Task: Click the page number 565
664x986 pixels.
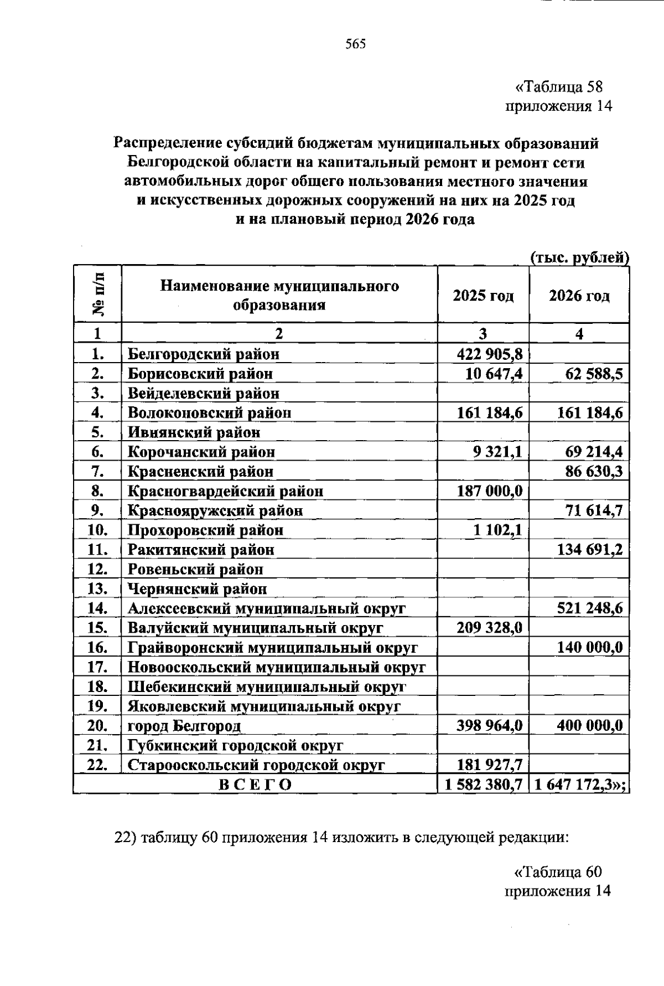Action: click(x=356, y=44)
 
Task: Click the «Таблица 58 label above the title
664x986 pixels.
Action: click(x=558, y=87)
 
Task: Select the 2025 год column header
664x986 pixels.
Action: click(x=483, y=296)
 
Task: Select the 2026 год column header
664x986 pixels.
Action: click(x=579, y=296)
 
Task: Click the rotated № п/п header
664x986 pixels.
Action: click(x=97, y=295)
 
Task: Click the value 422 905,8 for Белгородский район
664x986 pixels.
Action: click(x=489, y=354)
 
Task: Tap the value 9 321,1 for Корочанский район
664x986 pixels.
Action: click(x=497, y=452)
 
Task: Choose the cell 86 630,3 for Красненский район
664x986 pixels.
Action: click(x=593, y=472)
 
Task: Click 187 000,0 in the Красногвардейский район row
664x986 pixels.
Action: click(x=489, y=491)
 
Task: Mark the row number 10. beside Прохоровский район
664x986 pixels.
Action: click(x=97, y=530)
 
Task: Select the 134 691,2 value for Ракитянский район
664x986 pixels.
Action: click(x=590, y=550)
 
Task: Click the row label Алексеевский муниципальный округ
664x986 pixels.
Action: click(x=267, y=608)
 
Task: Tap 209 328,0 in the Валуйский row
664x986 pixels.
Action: click(x=489, y=628)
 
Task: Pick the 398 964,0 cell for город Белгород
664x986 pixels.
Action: click(x=489, y=726)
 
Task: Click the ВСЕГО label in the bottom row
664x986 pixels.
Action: click(x=255, y=784)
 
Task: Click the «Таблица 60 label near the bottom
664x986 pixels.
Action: click(x=558, y=872)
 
